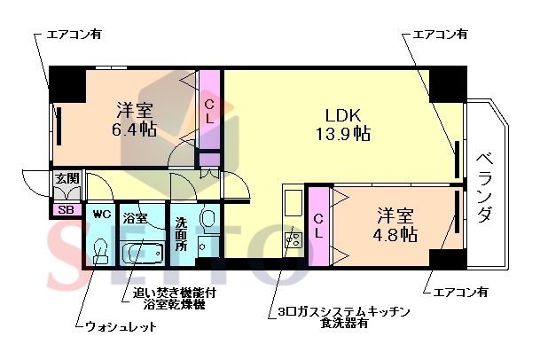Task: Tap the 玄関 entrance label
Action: point(67,179)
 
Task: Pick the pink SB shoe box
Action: point(65,210)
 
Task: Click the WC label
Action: point(99,214)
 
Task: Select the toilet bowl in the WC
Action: point(100,251)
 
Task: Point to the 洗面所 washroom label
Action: point(181,233)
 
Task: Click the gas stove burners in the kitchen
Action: point(292,239)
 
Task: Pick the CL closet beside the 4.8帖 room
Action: point(317,228)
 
